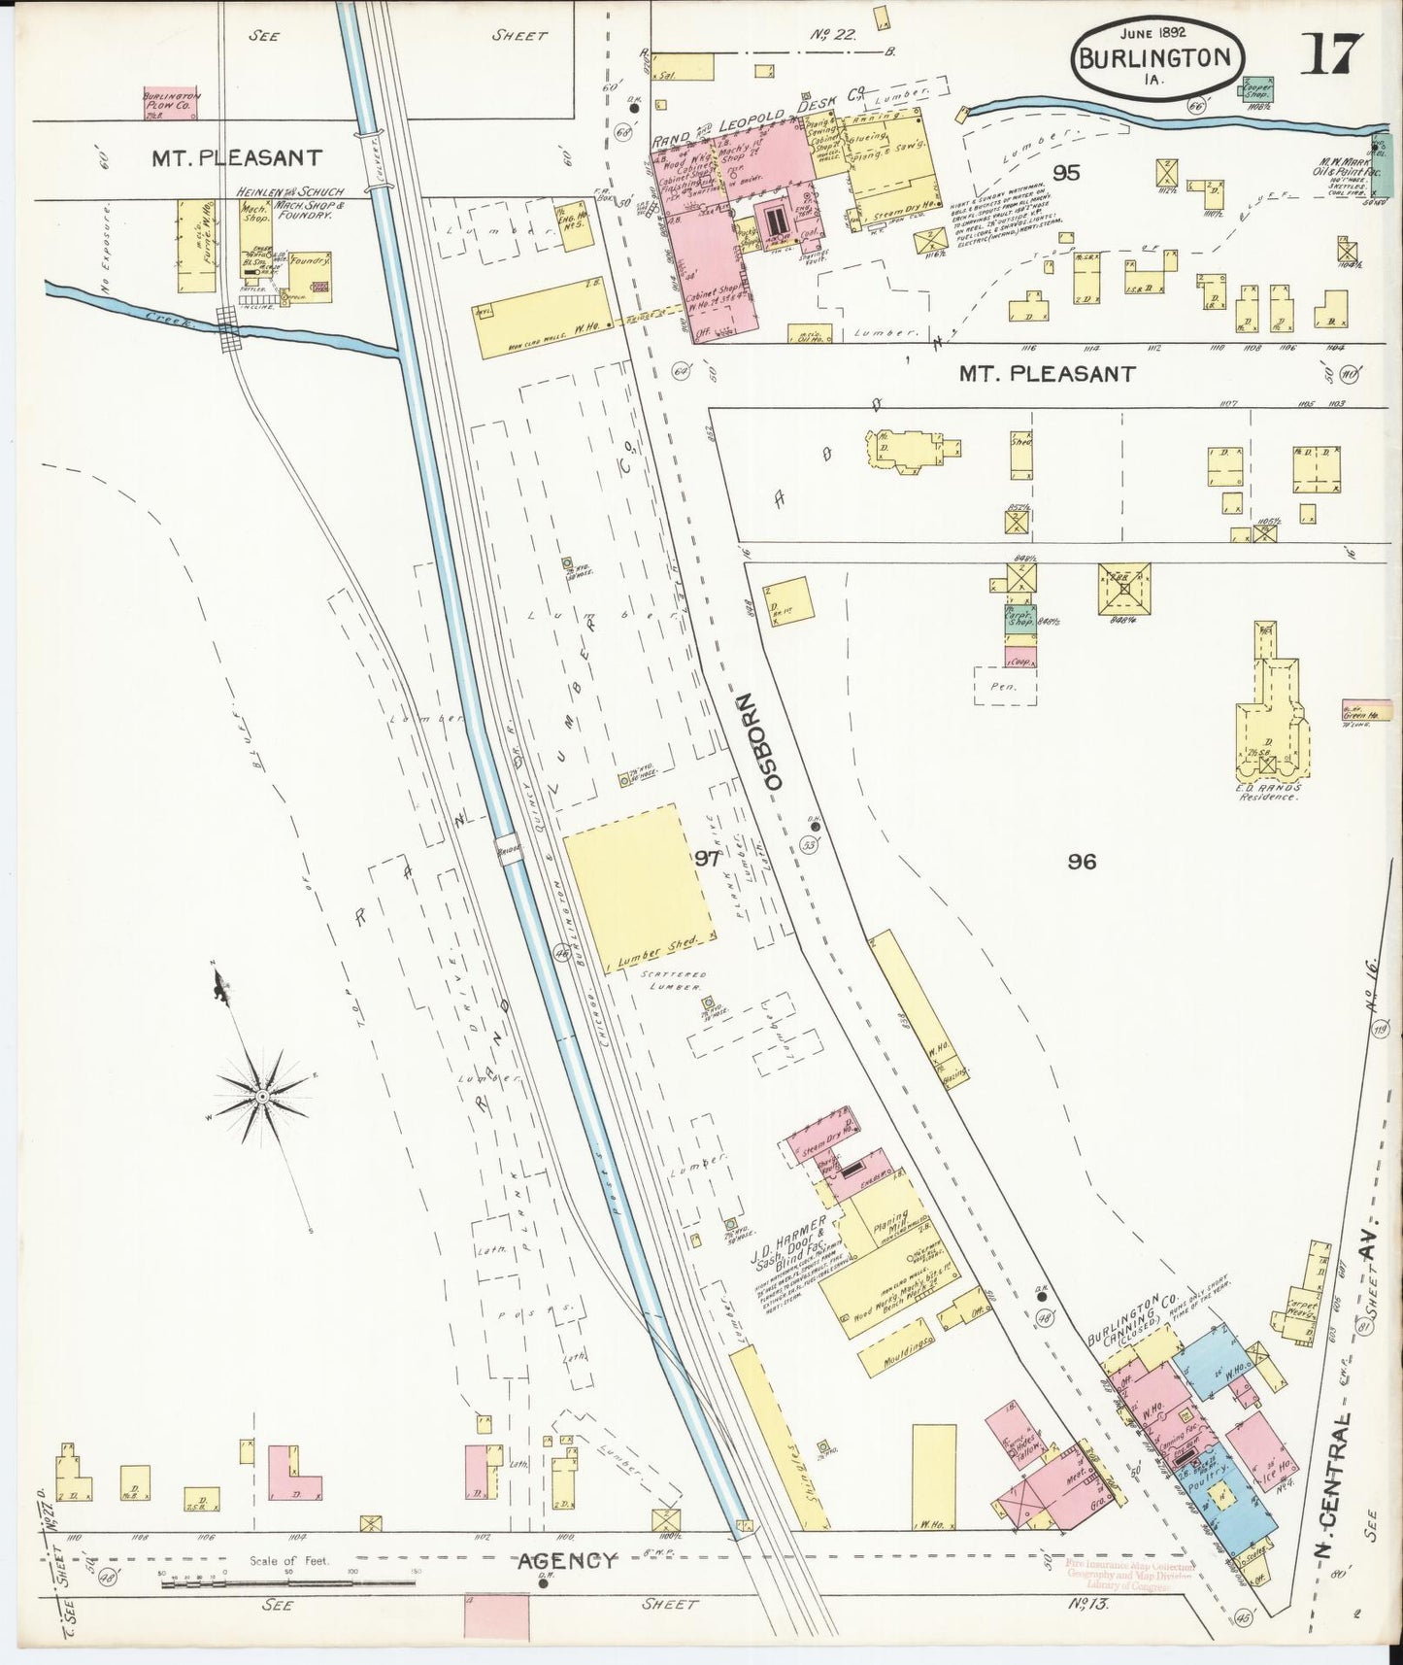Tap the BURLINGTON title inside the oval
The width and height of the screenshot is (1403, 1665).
tap(1156, 56)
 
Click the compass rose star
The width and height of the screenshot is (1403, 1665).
tap(262, 1096)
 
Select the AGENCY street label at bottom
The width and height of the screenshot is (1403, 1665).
tap(566, 1561)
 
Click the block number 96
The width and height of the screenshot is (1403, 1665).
tap(1081, 861)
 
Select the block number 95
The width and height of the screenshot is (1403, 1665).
tap(1066, 173)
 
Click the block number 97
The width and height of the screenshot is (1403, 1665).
tap(708, 858)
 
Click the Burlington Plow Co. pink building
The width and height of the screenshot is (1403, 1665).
tap(171, 103)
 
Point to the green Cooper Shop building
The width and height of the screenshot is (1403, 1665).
tap(1257, 90)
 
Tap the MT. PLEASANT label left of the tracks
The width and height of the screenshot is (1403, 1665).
tap(236, 157)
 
